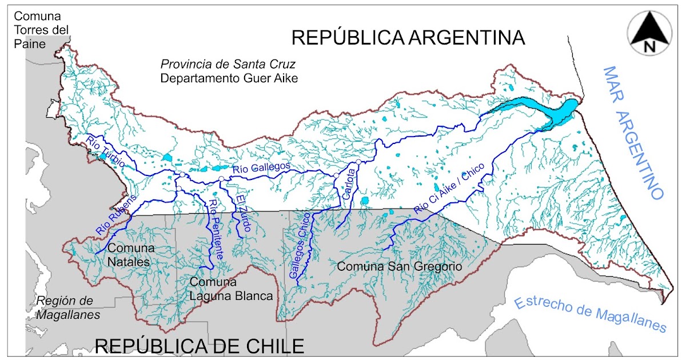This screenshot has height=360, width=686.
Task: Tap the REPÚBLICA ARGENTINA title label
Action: pyautogui.click(x=408, y=38)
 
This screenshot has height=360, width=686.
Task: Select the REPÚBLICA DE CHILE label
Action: pyautogui.click(x=199, y=346)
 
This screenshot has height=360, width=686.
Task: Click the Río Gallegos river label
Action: pyautogui.click(x=262, y=168)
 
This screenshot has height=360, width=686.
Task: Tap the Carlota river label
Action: pyautogui.click(x=350, y=184)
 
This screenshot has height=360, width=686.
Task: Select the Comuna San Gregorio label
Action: pyautogui.click(x=399, y=267)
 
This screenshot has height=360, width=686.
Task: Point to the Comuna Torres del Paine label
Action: pyautogui.click(x=42, y=29)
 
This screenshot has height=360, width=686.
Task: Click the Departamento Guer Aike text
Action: pyautogui.click(x=229, y=78)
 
